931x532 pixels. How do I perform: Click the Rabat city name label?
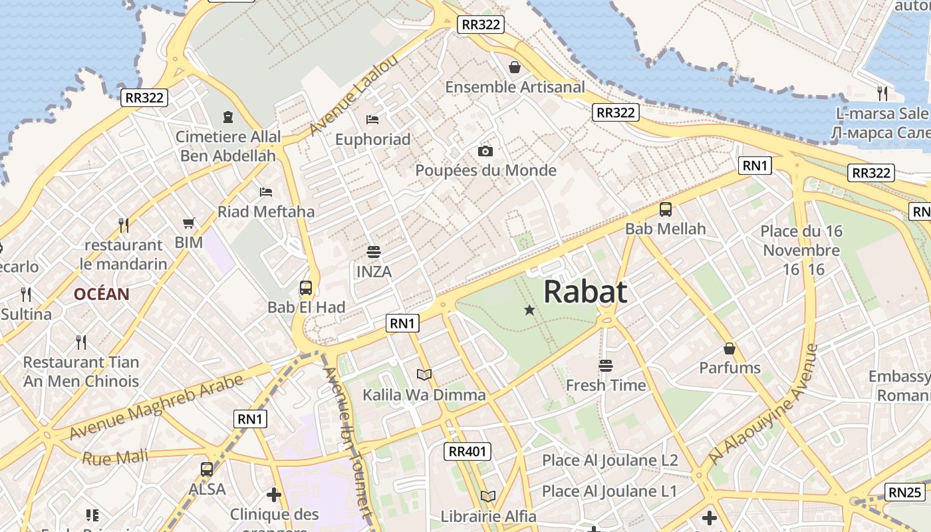pyautogui.click(x=585, y=292)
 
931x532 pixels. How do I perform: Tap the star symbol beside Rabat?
pyautogui.click(x=529, y=310)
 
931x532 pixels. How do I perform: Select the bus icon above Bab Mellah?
pyautogui.click(x=666, y=209)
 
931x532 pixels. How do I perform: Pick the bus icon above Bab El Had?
pyautogui.click(x=306, y=288)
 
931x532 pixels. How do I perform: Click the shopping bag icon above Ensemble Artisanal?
pyautogui.click(x=514, y=67)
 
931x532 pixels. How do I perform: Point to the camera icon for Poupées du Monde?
pyautogui.click(x=485, y=151)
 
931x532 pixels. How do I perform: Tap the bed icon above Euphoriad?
pyautogui.click(x=372, y=120)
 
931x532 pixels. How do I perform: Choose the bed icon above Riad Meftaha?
pyautogui.click(x=266, y=192)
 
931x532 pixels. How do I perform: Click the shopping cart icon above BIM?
pyautogui.click(x=189, y=223)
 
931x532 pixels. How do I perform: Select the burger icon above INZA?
pyautogui.click(x=374, y=252)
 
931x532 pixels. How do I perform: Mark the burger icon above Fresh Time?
pyautogui.click(x=605, y=365)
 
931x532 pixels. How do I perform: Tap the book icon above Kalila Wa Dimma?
pyautogui.click(x=424, y=375)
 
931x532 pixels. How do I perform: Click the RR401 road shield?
pyautogui.click(x=467, y=452)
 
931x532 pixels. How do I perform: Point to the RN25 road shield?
pyautogui.click(x=905, y=493)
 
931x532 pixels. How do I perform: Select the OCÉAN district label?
pyautogui.click(x=102, y=294)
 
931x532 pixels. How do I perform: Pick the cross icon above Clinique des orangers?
pyautogui.click(x=274, y=495)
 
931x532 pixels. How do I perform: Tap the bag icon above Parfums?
pyautogui.click(x=730, y=348)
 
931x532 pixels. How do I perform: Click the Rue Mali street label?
pyautogui.click(x=106, y=458)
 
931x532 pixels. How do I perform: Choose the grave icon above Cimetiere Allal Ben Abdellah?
pyautogui.click(x=228, y=117)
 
